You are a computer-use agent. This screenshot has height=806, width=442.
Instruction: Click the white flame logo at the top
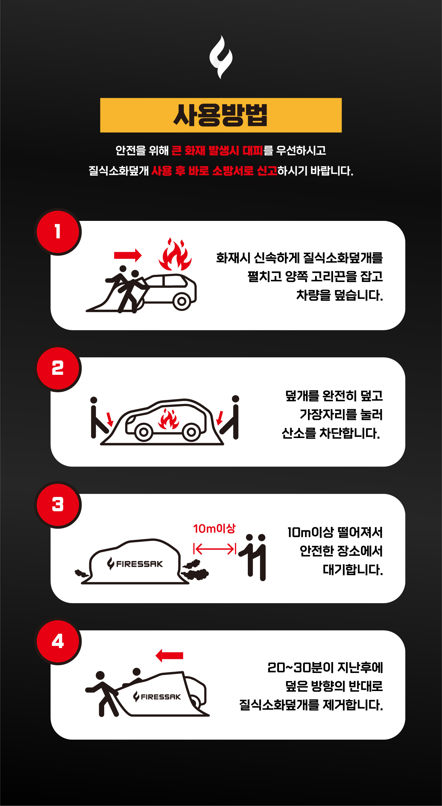tap(221, 57)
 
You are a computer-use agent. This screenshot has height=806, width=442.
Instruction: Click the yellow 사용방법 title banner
tap(221, 115)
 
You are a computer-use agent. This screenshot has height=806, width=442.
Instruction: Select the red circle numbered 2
tap(58, 368)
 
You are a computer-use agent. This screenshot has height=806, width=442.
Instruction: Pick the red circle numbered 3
tap(58, 505)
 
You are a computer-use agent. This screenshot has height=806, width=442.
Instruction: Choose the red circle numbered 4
tap(58, 641)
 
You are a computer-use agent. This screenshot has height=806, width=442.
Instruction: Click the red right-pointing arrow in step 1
tap(128, 255)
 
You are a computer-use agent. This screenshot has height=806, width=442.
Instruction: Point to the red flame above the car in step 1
tap(175, 254)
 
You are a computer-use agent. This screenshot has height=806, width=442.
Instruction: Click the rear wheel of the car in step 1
tap(182, 302)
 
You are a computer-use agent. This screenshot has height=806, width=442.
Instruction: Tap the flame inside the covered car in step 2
tap(169, 419)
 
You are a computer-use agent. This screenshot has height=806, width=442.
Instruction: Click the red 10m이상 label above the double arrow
tap(214, 529)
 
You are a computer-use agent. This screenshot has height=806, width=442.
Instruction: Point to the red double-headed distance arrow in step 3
tap(215, 549)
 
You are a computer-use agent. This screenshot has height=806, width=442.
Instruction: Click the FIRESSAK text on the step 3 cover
tap(139, 564)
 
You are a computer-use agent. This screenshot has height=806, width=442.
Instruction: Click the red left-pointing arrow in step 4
tap(169, 656)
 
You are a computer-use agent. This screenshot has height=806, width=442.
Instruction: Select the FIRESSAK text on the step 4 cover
tap(161, 697)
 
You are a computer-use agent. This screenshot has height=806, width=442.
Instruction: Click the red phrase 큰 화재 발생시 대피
tap(217, 150)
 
